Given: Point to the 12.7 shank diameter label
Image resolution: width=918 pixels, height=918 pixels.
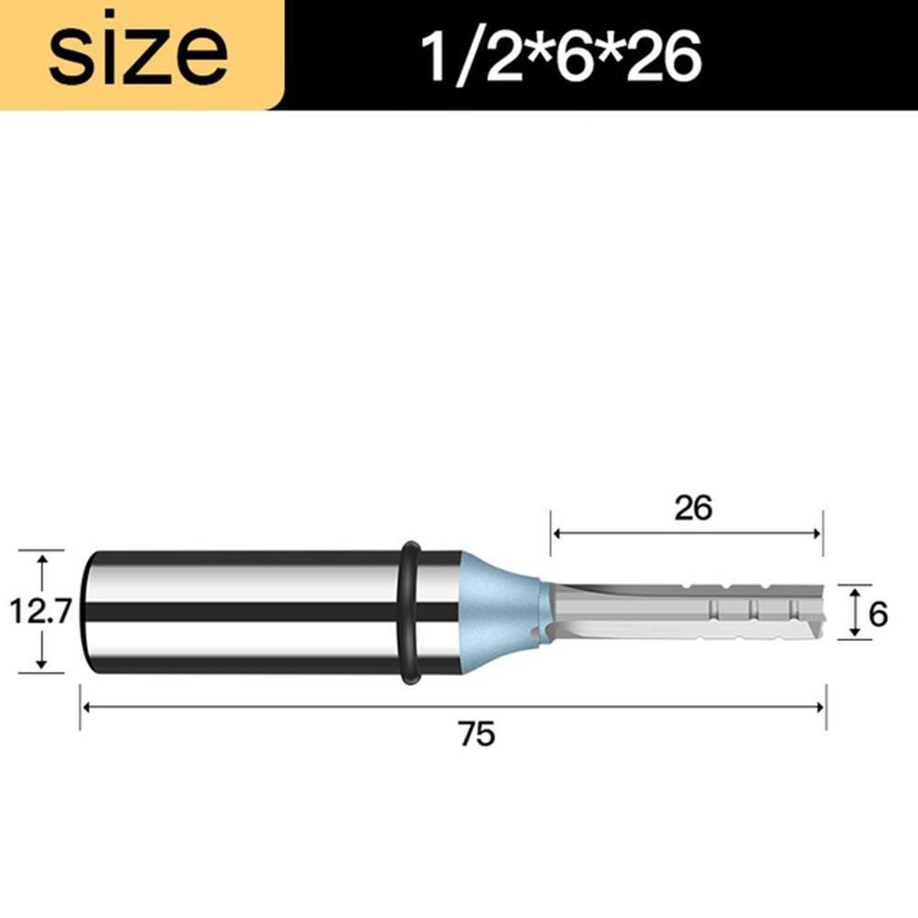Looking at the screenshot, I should [x=40, y=611].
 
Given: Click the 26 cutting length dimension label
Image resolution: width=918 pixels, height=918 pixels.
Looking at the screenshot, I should [x=692, y=507].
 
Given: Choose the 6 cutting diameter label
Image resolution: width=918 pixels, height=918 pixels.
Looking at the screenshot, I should [x=878, y=614].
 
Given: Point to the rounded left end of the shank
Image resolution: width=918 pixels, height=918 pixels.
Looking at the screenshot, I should [x=89, y=612].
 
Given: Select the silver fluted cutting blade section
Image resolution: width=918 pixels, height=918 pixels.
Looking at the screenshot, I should [x=688, y=611].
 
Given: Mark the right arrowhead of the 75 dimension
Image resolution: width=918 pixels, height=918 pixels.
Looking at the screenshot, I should [x=822, y=707].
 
